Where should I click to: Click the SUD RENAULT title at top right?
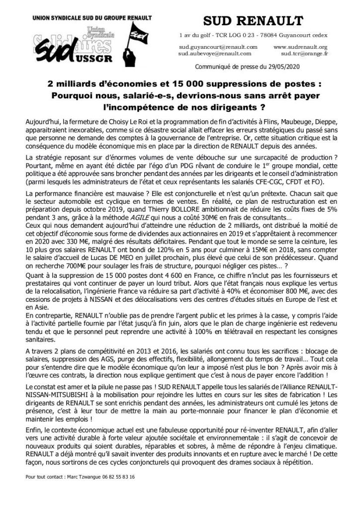point(254,20)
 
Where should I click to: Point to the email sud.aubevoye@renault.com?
point(217,53)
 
